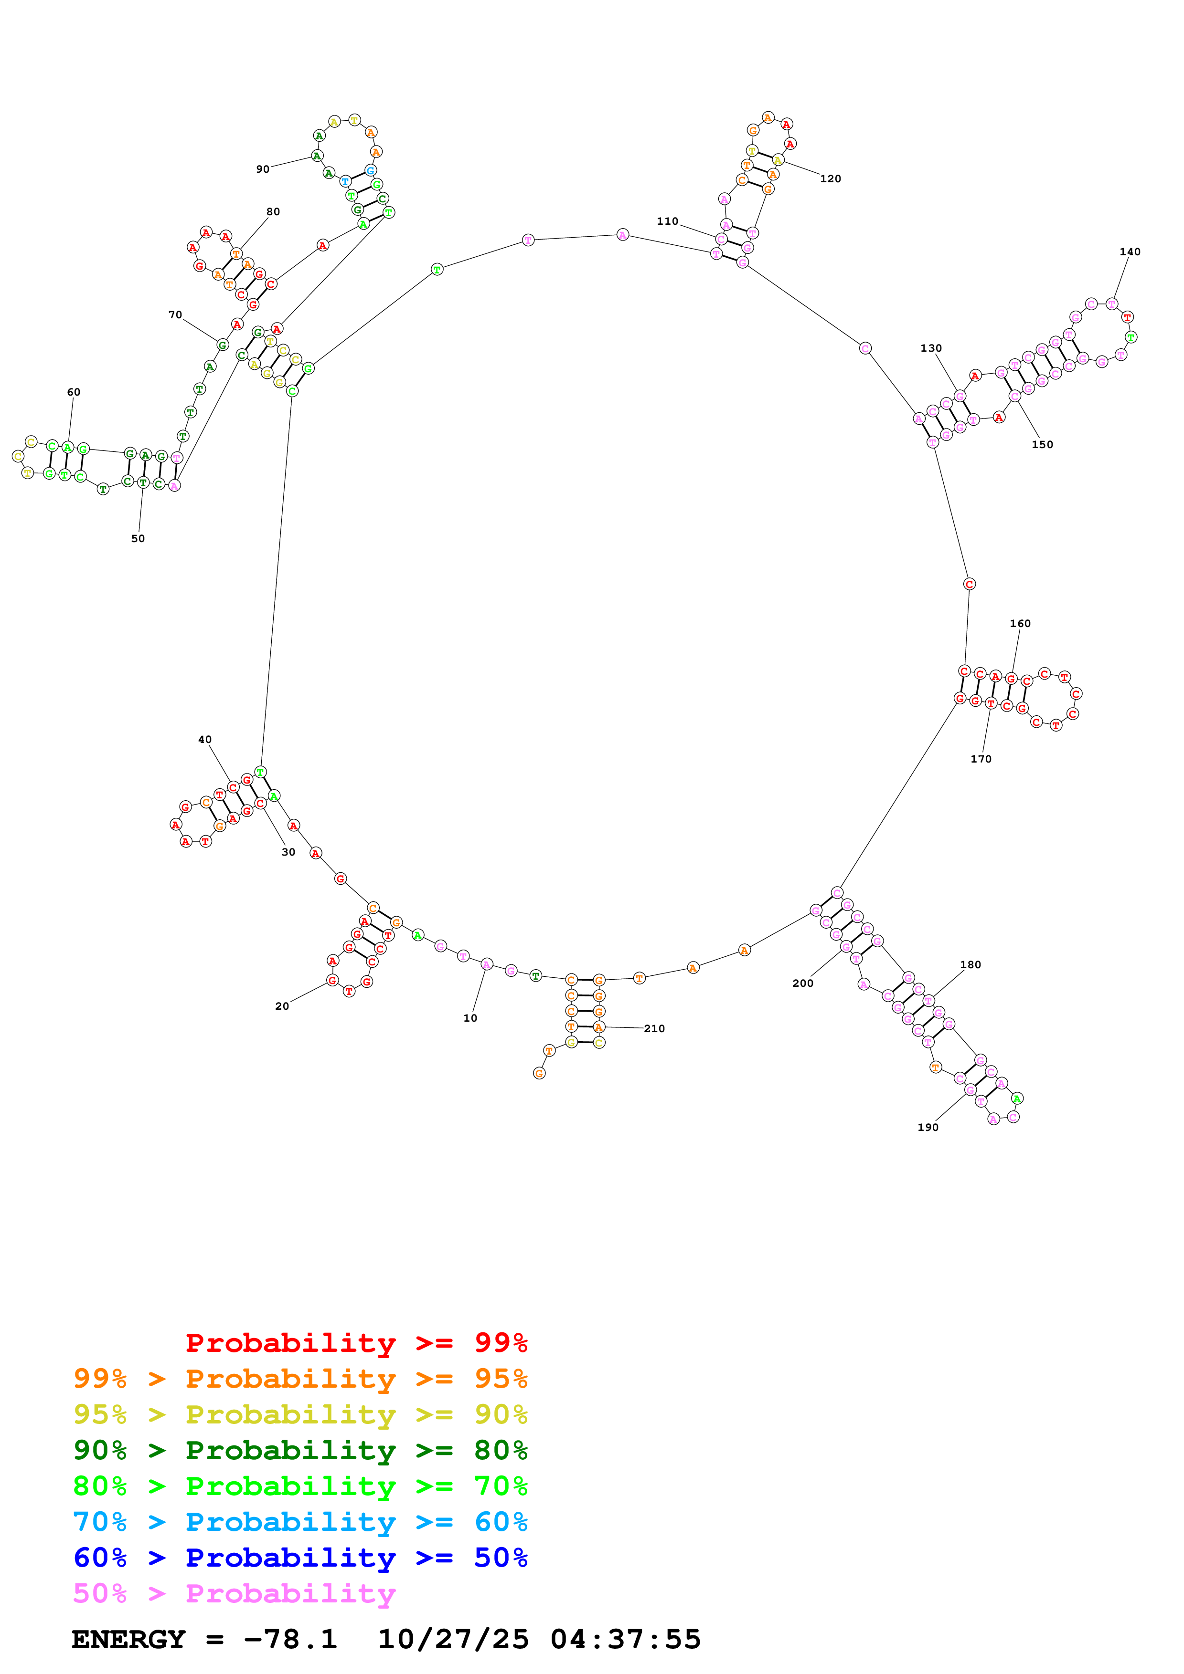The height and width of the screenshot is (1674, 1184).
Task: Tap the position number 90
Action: click(x=263, y=169)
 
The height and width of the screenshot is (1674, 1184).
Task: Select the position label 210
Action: click(x=654, y=1029)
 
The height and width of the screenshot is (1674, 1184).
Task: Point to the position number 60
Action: click(x=74, y=392)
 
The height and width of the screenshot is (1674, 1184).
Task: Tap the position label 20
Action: click(x=282, y=1006)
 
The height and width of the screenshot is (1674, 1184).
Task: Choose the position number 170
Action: click(x=981, y=759)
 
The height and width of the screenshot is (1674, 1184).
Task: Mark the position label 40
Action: click(x=205, y=739)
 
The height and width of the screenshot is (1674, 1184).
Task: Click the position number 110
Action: click(x=667, y=221)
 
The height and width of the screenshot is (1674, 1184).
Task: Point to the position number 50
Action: click(x=138, y=539)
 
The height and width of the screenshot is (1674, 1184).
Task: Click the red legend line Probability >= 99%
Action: click(x=356, y=1342)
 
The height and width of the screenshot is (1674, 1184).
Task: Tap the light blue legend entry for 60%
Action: click(x=300, y=1522)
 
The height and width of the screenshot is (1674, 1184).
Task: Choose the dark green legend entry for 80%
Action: click(x=300, y=1450)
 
